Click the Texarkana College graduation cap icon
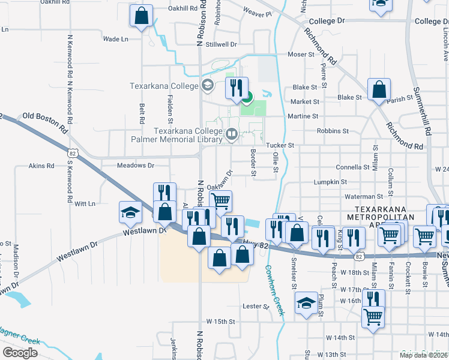pyautogui.click(x=208, y=85)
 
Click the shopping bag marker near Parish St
pyautogui.click(x=379, y=90)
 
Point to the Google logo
pyautogui.click(x=20, y=353)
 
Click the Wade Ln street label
pyautogui.click(x=116, y=39)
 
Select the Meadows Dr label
pyautogui.click(x=136, y=165)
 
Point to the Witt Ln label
pyautogui.click(x=85, y=204)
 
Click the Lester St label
pyautogui.click(x=256, y=307)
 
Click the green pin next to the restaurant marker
pyautogui.click(x=247, y=95)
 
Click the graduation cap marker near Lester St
pyautogui.click(x=306, y=303)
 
